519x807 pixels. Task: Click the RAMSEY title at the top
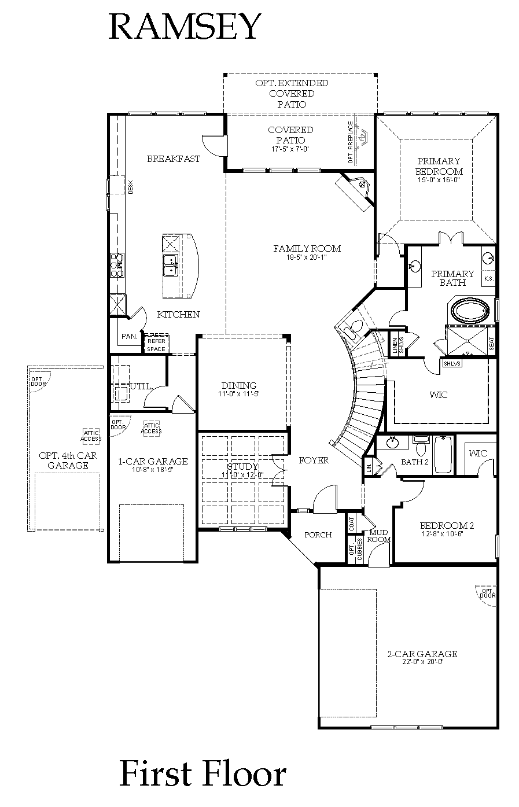(x=185, y=27)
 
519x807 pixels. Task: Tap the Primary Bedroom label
(x=439, y=166)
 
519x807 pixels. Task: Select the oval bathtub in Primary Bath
(x=470, y=311)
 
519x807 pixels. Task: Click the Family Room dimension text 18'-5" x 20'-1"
(x=307, y=257)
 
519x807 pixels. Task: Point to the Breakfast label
(x=173, y=159)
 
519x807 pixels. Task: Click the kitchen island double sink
(x=170, y=266)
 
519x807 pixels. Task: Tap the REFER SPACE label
(x=156, y=345)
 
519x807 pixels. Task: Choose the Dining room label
(x=238, y=385)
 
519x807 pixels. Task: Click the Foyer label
(x=314, y=460)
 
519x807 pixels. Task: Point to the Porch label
(x=318, y=535)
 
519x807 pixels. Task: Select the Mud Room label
(x=379, y=536)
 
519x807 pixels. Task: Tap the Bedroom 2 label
(x=446, y=526)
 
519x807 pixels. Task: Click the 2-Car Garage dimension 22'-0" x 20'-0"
(x=422, y=662)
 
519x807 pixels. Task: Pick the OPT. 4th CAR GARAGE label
(x=68, y=460)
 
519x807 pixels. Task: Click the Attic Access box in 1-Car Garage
(x=151, y=428)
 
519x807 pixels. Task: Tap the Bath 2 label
(x=415, y=462)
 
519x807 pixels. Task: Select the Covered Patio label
(x=290, y=135)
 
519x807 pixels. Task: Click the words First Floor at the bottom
(x=203, y=775)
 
